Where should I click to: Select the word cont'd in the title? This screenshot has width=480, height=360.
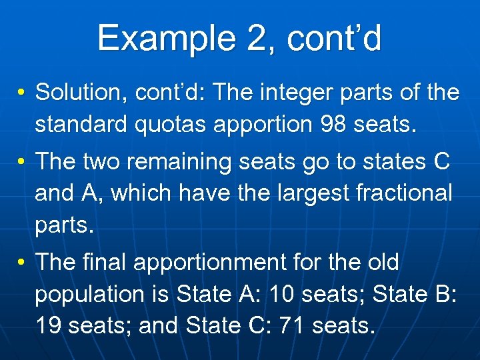point(335,38)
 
